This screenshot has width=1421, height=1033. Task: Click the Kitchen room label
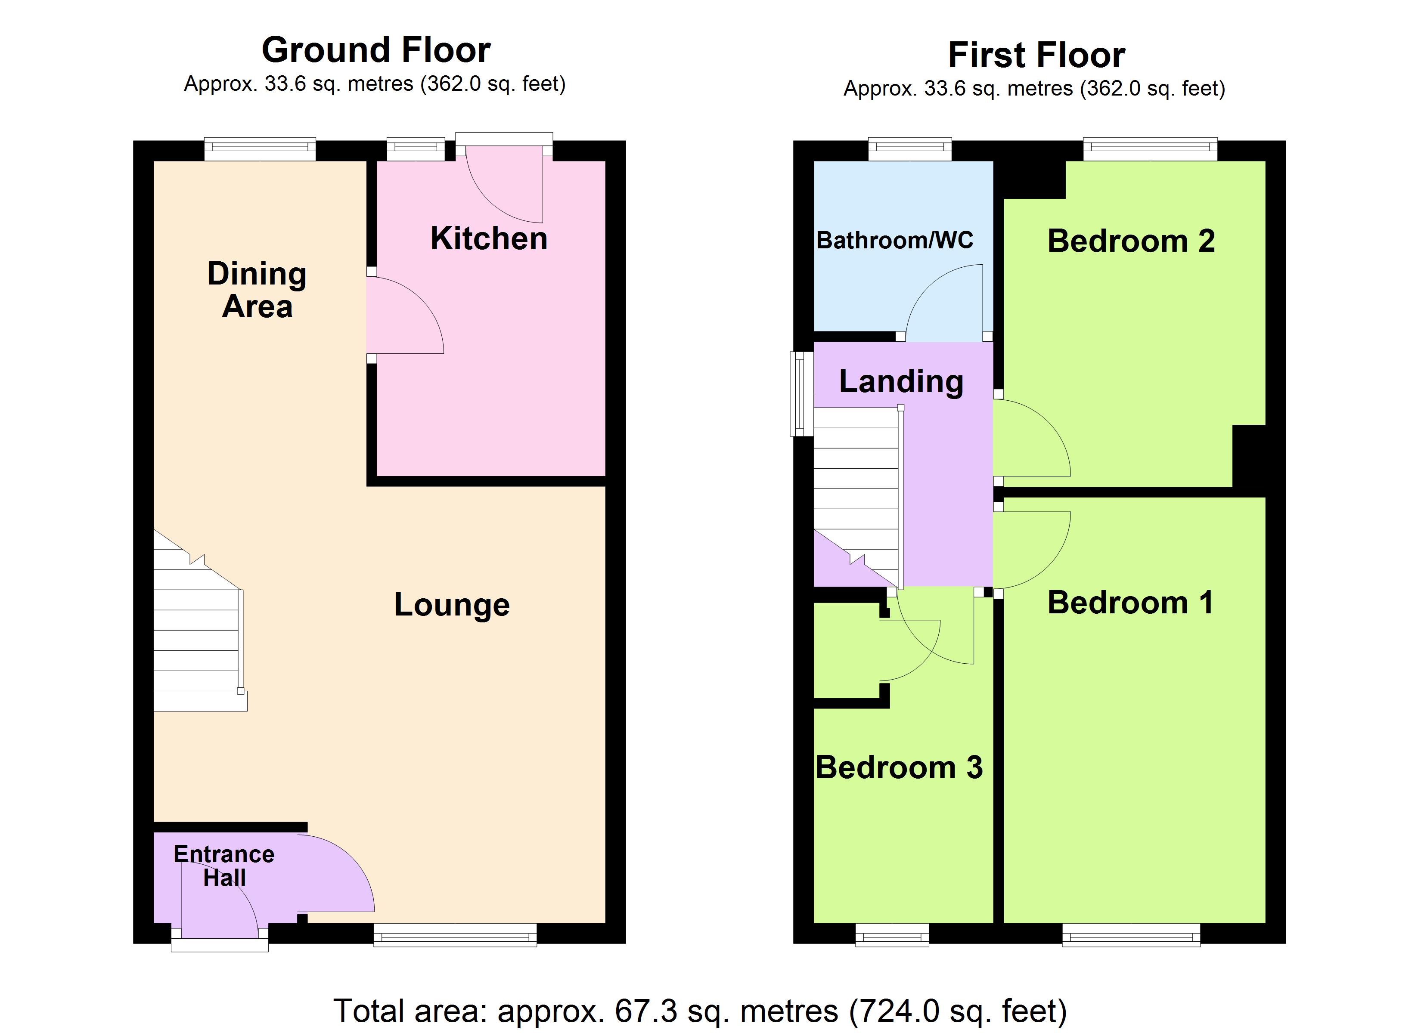pos(489,239)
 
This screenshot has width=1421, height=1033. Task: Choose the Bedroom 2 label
pos(1131,241)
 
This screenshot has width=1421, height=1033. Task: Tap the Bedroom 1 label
pos(1130,603)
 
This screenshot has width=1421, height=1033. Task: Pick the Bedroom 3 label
pos(899,768)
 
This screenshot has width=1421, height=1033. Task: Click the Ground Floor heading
pos(376,50)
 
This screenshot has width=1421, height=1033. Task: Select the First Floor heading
pos(1036,55)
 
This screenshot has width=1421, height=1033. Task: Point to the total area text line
pos(700,1011)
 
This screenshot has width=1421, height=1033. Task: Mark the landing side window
pos(801,393)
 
